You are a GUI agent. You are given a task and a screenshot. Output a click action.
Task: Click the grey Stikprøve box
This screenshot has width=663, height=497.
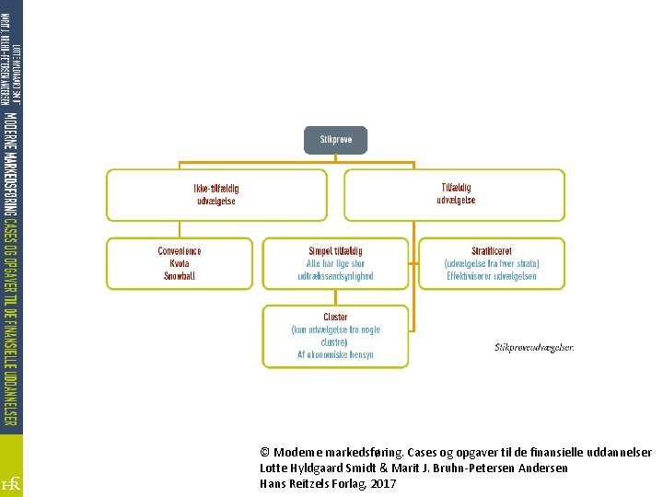(335, 140)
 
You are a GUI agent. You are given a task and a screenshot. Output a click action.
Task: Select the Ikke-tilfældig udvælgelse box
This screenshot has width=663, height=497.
(216, 194)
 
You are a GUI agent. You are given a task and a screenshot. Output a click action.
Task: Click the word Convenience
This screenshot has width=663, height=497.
(180, 251)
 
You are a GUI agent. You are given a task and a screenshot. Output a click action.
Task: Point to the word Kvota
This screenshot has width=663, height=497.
(180, 263)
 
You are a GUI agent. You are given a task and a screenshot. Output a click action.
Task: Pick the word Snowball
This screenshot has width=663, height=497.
(180, 275)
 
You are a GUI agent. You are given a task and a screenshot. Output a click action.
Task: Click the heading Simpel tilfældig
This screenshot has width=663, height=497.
(335, 251)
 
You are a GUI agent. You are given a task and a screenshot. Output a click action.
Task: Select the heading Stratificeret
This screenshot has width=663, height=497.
(491, 250)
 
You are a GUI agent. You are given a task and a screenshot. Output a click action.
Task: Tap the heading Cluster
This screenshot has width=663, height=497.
(335, 318)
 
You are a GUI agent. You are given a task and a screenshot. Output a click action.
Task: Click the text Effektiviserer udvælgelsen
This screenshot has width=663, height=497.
(491, 275)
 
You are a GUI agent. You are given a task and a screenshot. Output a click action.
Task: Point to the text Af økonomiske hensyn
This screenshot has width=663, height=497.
(335, 354)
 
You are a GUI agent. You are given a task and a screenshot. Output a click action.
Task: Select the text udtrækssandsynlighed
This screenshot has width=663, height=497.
(335, 276)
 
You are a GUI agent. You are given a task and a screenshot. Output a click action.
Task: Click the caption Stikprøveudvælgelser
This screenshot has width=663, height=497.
(534, 347)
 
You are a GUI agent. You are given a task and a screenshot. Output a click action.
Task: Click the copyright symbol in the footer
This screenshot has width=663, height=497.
(265, 453)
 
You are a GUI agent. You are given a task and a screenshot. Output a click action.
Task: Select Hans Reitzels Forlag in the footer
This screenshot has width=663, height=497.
(312, 483)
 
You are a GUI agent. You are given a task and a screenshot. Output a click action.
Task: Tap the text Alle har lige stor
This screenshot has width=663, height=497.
(335, 264)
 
